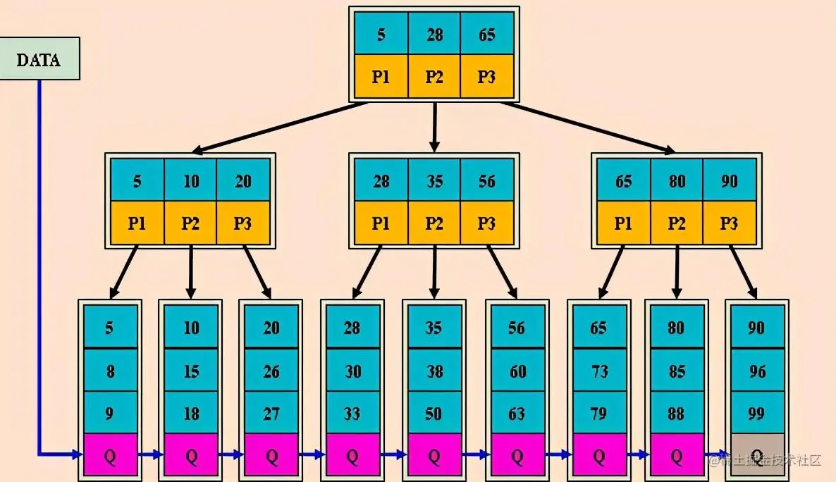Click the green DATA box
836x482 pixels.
(39, 59)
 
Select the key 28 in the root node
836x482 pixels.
(434, 34)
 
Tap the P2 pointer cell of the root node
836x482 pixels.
(434, 77)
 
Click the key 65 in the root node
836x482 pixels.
(487, 34)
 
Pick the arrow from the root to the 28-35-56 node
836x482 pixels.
(434, 128)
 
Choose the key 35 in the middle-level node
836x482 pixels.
(434, 181)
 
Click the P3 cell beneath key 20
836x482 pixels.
(243, 223)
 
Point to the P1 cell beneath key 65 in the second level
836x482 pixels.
(623, 223)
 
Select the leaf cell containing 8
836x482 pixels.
(109, 371)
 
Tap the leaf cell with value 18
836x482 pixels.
(191, 413)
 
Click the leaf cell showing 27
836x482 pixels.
(271, 413)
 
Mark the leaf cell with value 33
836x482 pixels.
(352, 413)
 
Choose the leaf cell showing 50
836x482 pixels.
(434, 413)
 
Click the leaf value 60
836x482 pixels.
(517, 371)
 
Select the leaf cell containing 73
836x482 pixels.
(598, 371)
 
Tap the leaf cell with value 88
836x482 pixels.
(677, 413)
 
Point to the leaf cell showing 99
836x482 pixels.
(757, 413)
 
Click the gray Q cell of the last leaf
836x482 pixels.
(757, 455)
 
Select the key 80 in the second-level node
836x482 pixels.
(677, 181)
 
